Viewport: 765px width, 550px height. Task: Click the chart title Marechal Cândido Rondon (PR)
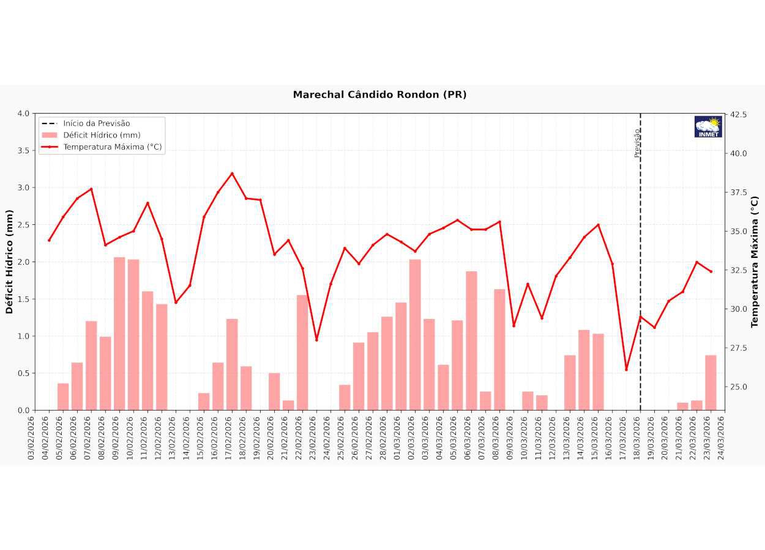[379, 95]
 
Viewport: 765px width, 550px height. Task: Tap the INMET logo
[708, 127]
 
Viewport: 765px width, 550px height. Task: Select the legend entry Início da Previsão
[96, 123]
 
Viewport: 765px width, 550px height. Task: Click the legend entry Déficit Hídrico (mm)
[102, 135]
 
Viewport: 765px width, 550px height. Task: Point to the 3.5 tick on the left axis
[23, 150]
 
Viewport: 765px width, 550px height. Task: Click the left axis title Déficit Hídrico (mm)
[9, 262]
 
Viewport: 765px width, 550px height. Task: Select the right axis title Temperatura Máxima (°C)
[755, 262]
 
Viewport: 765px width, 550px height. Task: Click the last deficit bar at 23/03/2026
[711, 383]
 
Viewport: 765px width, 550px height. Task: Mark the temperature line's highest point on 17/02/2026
[232, 174]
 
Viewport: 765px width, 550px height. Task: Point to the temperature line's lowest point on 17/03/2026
[626, 369]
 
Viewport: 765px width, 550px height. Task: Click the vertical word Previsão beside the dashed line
[637, 142]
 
